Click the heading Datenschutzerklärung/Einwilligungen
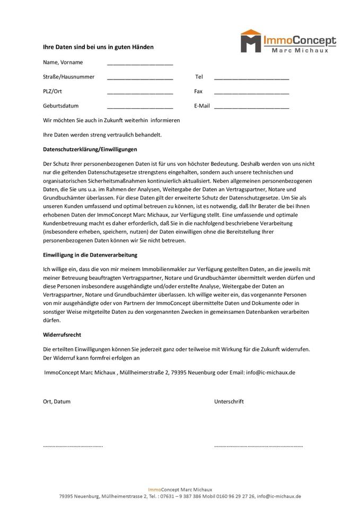click(x=90, y=150)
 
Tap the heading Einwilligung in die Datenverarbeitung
click(x=95, y=255)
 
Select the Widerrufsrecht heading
click(x=62, y=335)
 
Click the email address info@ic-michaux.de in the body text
click(x=270, y=372)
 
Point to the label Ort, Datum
click(x=57, y=401)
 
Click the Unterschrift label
click(x=229, y=401)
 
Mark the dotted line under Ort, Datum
click(x=73, y=446)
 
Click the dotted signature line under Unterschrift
click(x=258, y=446)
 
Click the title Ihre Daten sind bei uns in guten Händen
click(x=98, y=47)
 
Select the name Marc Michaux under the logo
click(x=304, y=50)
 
